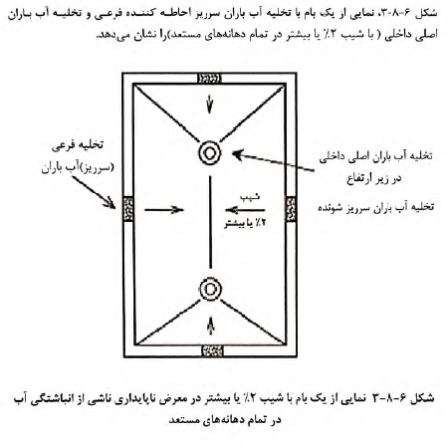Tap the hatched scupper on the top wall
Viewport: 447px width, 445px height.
pos(209,79)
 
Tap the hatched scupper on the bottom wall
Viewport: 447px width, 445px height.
pos(213,350)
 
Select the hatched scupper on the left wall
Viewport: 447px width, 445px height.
pos(128,209)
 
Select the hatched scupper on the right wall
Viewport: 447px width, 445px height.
pos(291,209)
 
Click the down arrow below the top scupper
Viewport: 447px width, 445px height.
pos(209,104)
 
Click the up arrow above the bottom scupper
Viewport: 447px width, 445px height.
pos(210,326)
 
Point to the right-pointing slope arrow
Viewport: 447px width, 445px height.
pos(164,210)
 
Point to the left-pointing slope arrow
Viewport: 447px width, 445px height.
pos(245,210)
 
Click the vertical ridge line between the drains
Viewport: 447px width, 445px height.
pos(210,222)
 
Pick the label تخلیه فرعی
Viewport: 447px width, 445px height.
pos(78,145)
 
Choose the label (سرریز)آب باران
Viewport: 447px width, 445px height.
pos(78,167)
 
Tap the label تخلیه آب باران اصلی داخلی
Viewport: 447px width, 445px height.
pos(375,156)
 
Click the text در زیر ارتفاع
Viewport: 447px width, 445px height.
pos(374,179)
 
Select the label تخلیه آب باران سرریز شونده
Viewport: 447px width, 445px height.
pos(376,207)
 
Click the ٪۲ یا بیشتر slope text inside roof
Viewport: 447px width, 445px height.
pos(246,223)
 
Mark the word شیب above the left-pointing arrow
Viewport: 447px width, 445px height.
pos(250,197)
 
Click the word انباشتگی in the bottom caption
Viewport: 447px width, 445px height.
pos(59,398)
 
